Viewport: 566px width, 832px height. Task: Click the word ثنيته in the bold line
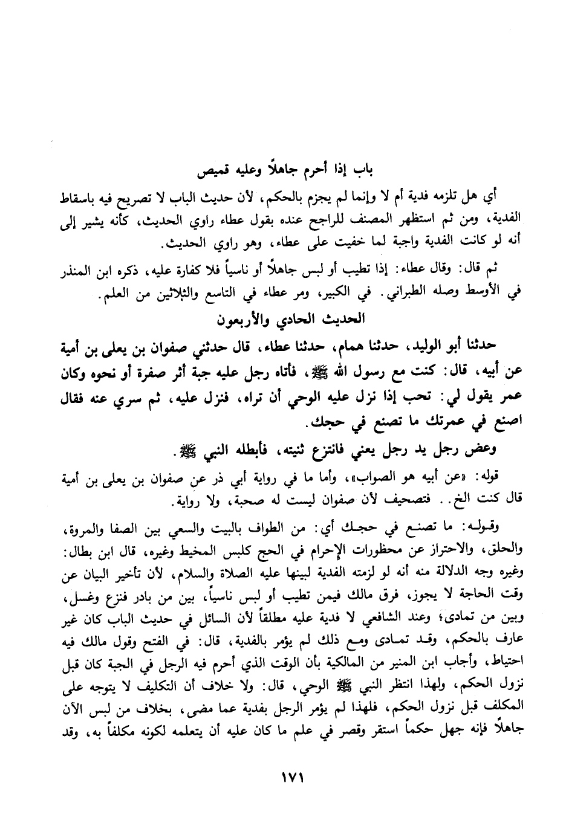click(276, 453)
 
